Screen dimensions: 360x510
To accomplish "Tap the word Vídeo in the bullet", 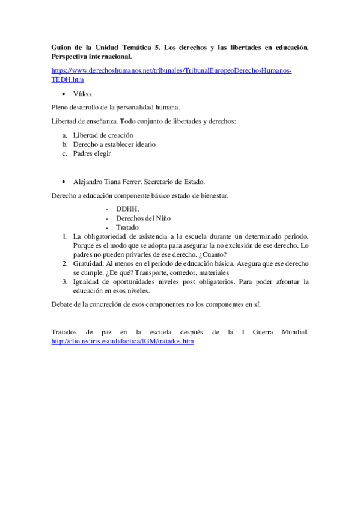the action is (x=82, y=94).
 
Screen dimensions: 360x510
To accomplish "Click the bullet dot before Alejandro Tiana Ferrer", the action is (x=64, y=181).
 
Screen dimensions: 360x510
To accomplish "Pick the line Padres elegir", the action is (x=92, y=153).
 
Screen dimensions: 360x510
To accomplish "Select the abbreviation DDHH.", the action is (x=127, y=209).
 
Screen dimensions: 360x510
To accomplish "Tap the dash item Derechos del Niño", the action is (x=147, y=218).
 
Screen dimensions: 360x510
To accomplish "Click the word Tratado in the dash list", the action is (x=127, y=227).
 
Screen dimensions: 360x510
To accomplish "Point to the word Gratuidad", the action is (x=88, y=264).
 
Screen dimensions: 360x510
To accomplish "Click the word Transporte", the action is (x=157, y=273).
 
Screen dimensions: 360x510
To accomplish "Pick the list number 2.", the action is (x=65, y=264).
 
